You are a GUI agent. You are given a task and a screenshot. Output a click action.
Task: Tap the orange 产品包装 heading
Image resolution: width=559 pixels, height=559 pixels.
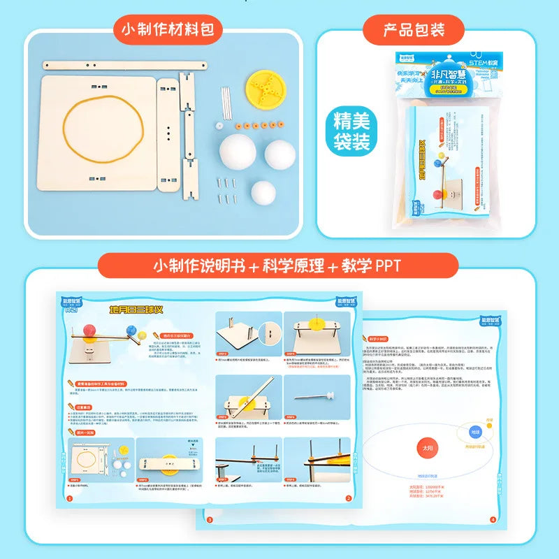[x=414, y=29]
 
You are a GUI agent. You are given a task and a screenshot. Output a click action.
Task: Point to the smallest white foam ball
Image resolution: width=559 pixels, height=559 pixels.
[x=263, y=192]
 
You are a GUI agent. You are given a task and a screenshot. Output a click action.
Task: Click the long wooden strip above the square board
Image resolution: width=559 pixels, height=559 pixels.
[x=126, y=66]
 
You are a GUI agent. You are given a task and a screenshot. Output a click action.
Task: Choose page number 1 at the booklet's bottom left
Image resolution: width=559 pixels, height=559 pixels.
[x=68, y=499]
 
